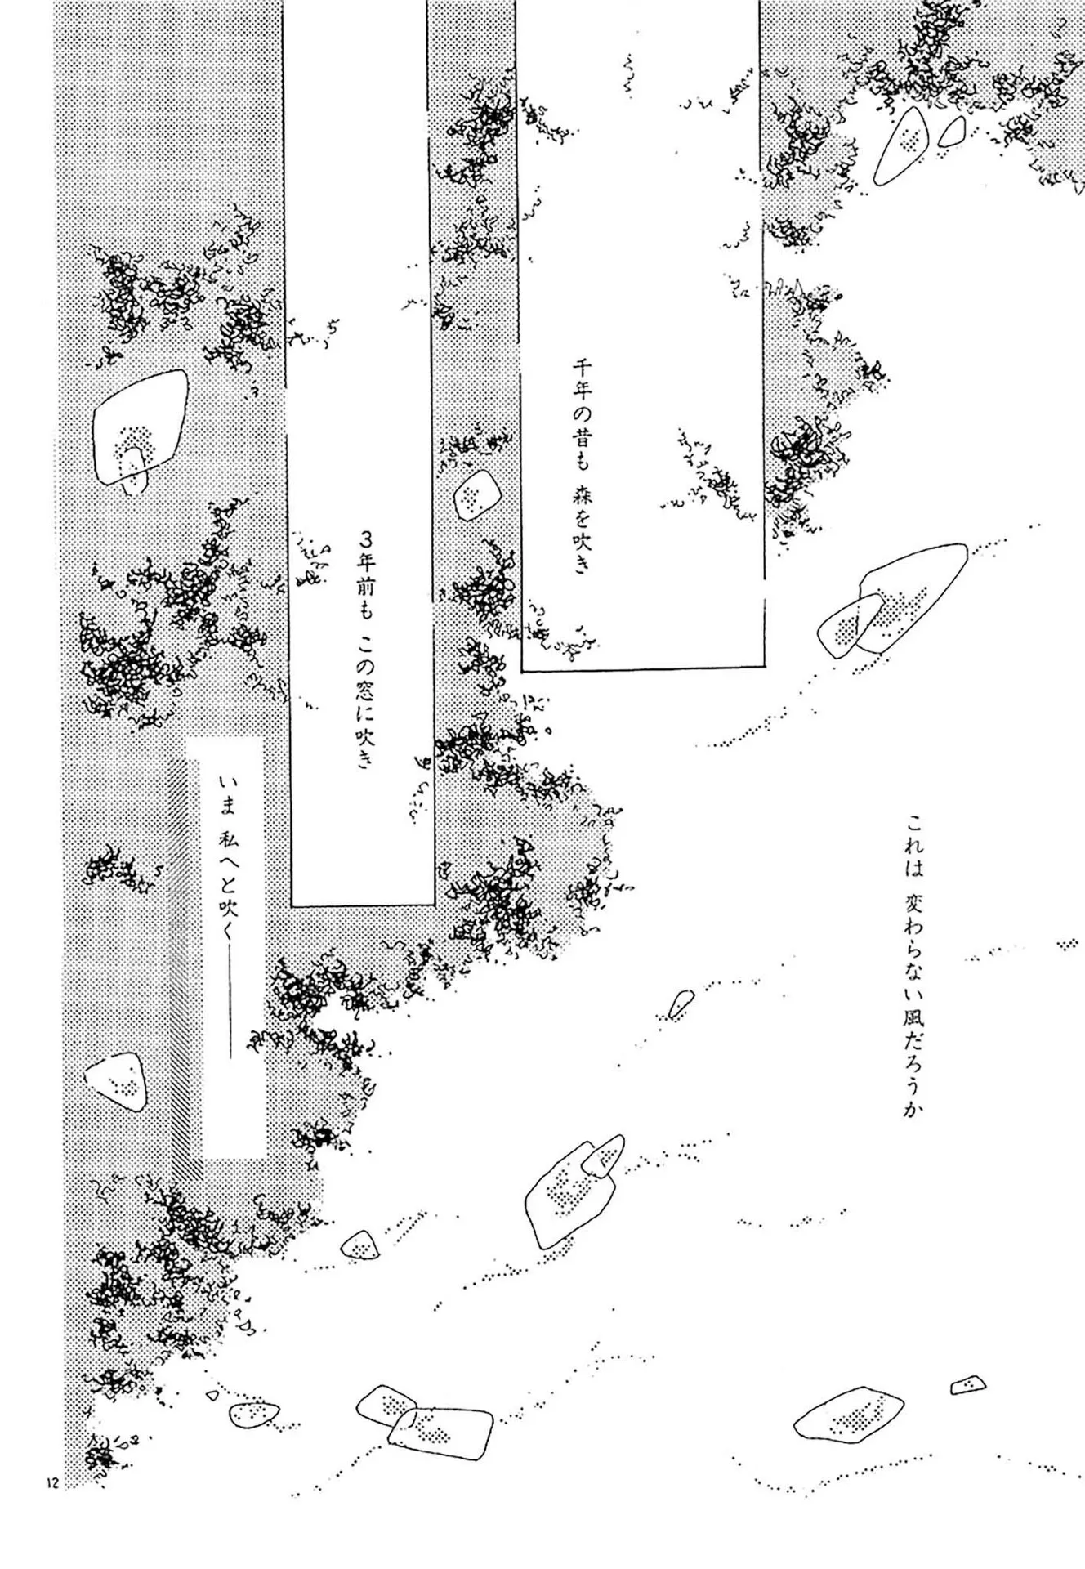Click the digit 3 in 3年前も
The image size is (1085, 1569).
click(367, 541)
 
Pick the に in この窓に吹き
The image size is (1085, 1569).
click(367, 713)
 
